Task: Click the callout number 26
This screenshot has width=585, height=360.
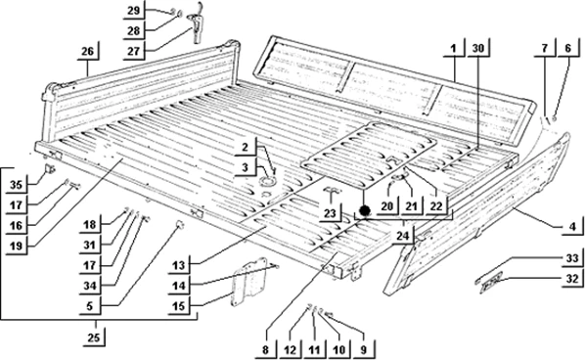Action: tap(88, 51)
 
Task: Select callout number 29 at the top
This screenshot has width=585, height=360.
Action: tap(134, 10)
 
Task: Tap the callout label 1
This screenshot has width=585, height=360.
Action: tap(453, 48)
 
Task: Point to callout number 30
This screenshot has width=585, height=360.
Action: tap(478, 48)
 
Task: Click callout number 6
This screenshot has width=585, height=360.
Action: tap(567, 48)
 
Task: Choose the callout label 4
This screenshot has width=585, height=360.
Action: tap(572, 226)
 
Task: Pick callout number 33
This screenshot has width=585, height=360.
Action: tap(572, 258)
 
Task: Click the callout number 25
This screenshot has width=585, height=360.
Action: tap(94, 337)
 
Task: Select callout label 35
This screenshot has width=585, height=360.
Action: tap(16, 184)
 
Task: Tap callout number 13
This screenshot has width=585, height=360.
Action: tap(179, 265)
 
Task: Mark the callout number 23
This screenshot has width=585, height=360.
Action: tap(330, 213)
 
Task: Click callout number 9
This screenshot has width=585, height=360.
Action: tap(363, 350)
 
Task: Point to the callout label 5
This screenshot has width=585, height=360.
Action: tap(90, 306)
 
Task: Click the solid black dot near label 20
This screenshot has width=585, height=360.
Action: tap(365, 210)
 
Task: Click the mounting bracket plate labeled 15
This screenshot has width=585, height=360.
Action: tap(249, 282)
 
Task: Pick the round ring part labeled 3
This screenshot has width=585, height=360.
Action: tap(267, 182)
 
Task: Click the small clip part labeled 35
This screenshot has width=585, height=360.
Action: tap(50, 169)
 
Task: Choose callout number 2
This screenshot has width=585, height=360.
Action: tap(245, 147)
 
